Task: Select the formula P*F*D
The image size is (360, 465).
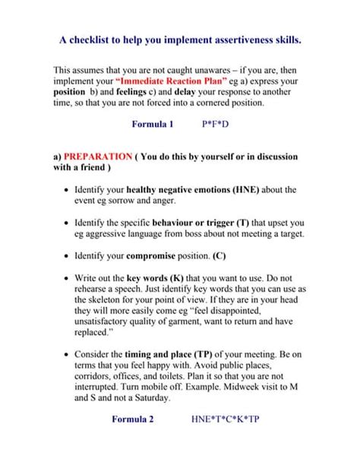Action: coord(215,123)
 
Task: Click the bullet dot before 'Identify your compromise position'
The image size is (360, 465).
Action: coord(68,257)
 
